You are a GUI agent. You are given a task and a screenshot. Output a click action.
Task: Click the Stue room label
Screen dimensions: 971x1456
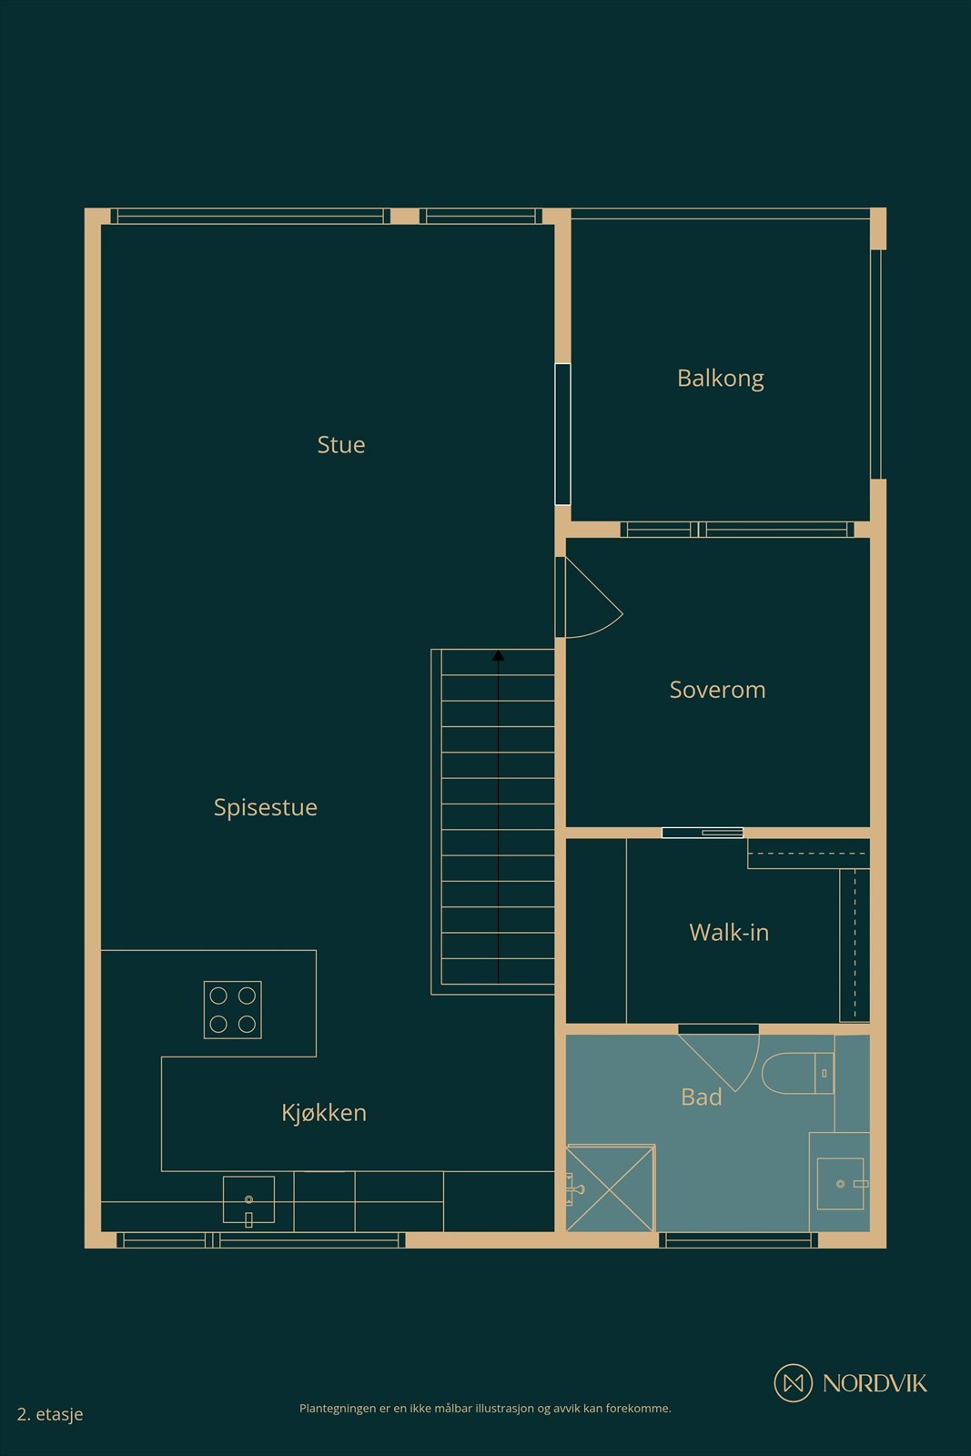[340, 445]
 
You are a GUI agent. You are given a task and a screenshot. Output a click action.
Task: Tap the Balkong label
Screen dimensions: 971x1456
[720, 379]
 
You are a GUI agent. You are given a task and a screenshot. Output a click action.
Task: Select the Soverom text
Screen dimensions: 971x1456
[717, 690]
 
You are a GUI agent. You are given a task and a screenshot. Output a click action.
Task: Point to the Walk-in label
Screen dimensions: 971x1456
[729, 933]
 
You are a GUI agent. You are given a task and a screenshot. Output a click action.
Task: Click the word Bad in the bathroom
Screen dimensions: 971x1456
[702, 1097]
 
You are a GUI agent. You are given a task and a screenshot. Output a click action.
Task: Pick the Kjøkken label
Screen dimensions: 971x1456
[324, 1113]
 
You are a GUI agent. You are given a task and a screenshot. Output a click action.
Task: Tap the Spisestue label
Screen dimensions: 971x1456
[265, 807]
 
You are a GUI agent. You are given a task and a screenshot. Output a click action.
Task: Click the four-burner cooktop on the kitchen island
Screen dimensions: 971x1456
[233, 1009]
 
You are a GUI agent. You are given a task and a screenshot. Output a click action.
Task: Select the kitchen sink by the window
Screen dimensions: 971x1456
[249, 1200]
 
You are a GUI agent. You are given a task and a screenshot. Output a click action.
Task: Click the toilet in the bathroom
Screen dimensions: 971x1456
[798, 1073]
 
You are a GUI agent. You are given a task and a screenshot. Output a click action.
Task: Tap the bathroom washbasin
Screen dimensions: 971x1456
[840, 1184]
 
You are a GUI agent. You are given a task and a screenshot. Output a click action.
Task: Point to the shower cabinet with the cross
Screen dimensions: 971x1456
[610, 1188]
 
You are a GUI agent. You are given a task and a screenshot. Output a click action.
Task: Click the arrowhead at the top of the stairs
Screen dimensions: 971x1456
[498, 655]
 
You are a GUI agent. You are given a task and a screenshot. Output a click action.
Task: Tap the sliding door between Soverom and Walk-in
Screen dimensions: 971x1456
[703, 833]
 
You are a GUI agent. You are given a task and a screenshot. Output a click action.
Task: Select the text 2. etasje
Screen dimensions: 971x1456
[50, 1414]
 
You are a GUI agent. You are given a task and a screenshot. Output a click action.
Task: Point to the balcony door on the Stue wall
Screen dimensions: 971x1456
[562, 434]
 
